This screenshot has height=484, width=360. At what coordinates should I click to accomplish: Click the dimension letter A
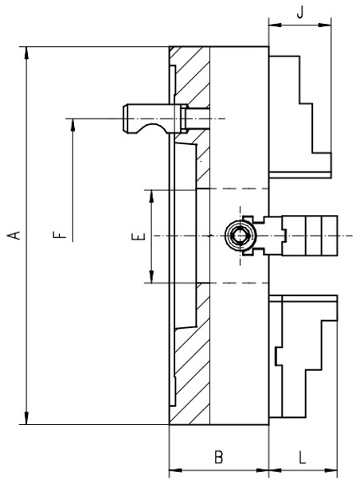[13, 236]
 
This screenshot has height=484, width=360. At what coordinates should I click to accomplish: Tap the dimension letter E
[137, 236]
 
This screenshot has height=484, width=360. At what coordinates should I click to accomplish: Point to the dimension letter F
[57, 236]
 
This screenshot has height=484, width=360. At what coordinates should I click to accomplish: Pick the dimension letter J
[299, 14]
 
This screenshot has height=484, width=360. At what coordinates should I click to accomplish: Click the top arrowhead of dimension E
[150, 194]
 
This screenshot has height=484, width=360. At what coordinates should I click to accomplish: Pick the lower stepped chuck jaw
[303, 358]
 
